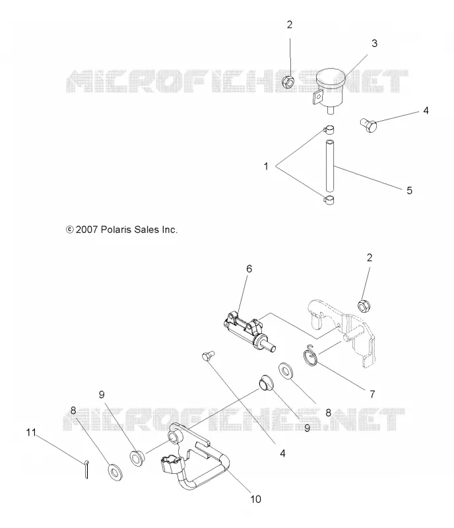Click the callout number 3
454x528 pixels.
[374, 44]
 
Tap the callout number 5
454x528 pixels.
[409, 191]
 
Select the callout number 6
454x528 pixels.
[249, 269]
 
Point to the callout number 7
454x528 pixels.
[372, 394]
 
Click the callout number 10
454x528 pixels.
[255, 499]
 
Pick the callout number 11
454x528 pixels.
[31, 432]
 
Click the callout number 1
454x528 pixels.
[266, 166]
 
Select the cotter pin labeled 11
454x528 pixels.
[86, 469]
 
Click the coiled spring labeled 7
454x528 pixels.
[311, 355]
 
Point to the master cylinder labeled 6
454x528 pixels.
[249, 332]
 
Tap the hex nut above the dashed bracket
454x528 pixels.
[364, 306]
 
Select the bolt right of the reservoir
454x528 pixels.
[368, 125]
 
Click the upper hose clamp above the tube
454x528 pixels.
[329, 129]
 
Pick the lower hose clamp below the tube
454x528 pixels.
[329, 200]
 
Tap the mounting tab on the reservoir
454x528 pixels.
[317, 97]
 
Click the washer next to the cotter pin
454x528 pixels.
[115, 473]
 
